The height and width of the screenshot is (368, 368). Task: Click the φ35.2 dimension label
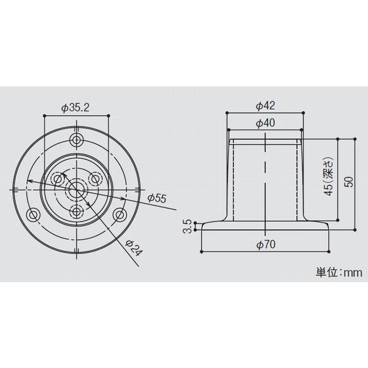pos(76,108)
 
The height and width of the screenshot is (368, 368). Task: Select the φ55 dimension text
pos(157,198)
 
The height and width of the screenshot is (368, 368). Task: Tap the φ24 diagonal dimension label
pos(134,247)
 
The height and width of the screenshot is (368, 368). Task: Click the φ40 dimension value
pos(265,123)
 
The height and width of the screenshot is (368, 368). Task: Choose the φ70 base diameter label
pos(265,245)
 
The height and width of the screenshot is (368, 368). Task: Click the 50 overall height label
pos(349,183)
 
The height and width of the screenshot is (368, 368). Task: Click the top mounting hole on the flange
pos(77,140)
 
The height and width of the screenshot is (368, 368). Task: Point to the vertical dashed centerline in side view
pos(265,178)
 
